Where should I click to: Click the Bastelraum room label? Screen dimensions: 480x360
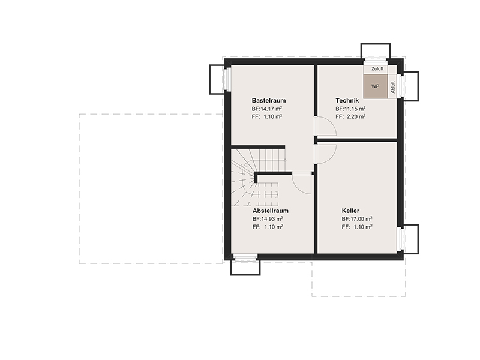(269, 100)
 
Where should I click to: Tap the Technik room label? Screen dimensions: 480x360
(347, 100)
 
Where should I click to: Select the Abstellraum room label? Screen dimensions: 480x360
(271, 211)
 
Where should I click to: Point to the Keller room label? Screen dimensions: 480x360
(350, 211)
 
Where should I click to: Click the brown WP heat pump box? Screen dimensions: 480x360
(376, 86)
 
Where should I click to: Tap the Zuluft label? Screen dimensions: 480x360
(377, 69)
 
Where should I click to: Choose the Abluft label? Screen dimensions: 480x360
(393, 87)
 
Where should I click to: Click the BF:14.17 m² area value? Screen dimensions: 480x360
(267, 109)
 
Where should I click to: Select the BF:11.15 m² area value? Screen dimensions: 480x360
(350, 109)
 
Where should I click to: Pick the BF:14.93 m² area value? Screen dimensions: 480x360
(268, 219)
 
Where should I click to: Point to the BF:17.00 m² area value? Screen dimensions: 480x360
(357, 219)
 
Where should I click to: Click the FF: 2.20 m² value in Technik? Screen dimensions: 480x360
(350, 116)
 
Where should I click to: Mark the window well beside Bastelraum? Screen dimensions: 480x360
(217, 79)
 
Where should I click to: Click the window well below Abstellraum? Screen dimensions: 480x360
(245, 268)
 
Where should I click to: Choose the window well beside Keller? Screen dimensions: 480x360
(411, 239)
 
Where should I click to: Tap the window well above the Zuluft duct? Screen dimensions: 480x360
(376, 51)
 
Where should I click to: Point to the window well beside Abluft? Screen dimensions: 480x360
(411, 86)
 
